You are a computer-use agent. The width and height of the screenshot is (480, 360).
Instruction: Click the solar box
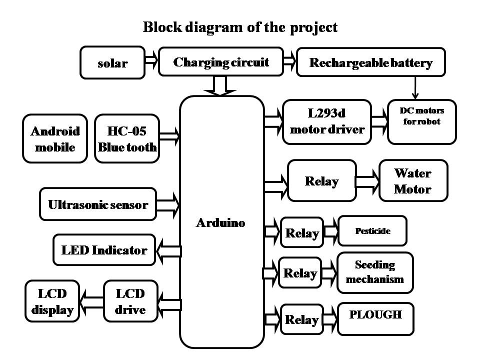coord(112,63)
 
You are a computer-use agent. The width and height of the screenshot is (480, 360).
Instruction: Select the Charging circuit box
coord(221,62)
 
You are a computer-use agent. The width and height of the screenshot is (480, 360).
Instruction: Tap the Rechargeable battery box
coord(370,62)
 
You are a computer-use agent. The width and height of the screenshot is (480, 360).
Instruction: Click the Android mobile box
coord(55,139)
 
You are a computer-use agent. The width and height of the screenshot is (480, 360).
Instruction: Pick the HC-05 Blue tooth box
coord(127,139)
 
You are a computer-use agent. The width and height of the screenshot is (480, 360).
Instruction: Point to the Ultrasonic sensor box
coord(98,204)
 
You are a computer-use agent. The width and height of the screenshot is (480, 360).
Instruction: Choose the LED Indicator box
coord(104,250)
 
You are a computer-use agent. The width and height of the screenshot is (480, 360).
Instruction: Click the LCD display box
coord(52,301)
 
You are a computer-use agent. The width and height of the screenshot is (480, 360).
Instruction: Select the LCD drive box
coord(130,301)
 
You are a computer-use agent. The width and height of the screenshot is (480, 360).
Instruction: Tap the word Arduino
coord(220,223)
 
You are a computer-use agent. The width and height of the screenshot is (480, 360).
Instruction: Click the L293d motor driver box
coord(327,121)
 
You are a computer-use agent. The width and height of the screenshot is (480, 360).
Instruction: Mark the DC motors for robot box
coord(421,121)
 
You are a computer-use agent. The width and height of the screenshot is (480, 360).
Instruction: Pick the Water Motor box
coord(413,181)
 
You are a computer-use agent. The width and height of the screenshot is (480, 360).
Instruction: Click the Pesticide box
coord(372,231)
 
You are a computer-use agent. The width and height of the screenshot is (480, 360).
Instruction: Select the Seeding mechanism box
coord(375,272)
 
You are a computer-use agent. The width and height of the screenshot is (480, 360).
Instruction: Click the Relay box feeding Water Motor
coord(321,181)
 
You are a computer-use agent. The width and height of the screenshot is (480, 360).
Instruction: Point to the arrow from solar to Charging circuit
coord(151,61)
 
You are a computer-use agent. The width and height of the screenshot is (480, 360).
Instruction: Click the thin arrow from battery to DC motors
coord(414,87)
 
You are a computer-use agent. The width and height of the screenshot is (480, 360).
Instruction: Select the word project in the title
coord(313,27)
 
